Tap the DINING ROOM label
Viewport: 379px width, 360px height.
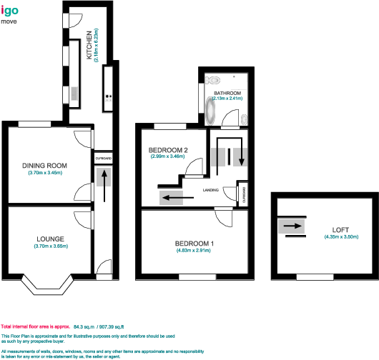(44, 166)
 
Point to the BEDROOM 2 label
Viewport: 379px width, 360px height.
(168, 150)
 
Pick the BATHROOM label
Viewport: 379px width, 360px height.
(227, 94)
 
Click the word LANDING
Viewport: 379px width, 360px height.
(210, 190)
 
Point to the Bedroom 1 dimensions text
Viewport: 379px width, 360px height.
(195, 251)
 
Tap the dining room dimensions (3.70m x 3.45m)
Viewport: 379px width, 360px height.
(45, 174)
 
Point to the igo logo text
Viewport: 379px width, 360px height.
(10, 11)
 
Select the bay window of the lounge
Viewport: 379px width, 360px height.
(50, 286)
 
